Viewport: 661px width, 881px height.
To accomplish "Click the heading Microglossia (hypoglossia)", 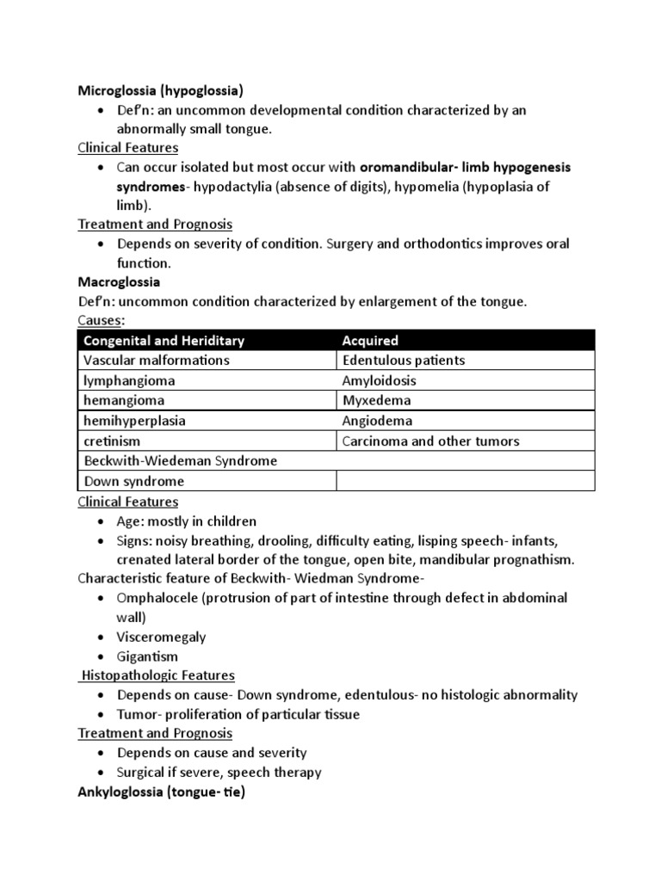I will click(161, 90).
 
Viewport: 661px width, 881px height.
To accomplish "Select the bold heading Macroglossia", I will click(119, 281).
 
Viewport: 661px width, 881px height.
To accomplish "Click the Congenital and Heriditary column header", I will click(164, 341).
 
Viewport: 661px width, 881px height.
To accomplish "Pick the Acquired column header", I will click(370, 341).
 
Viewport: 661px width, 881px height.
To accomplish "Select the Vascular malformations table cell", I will click(156, 360).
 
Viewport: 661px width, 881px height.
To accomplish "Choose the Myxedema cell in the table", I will click(376, 401).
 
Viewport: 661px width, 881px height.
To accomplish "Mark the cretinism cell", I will click(112, 441).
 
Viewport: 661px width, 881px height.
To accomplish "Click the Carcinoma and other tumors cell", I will click(430, 441).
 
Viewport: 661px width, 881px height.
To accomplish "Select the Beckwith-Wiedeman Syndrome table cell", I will click(180, 461).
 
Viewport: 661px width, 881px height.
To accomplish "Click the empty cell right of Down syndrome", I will click(465, 482).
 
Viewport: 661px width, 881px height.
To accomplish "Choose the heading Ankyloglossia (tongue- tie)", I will click(161, 792).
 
